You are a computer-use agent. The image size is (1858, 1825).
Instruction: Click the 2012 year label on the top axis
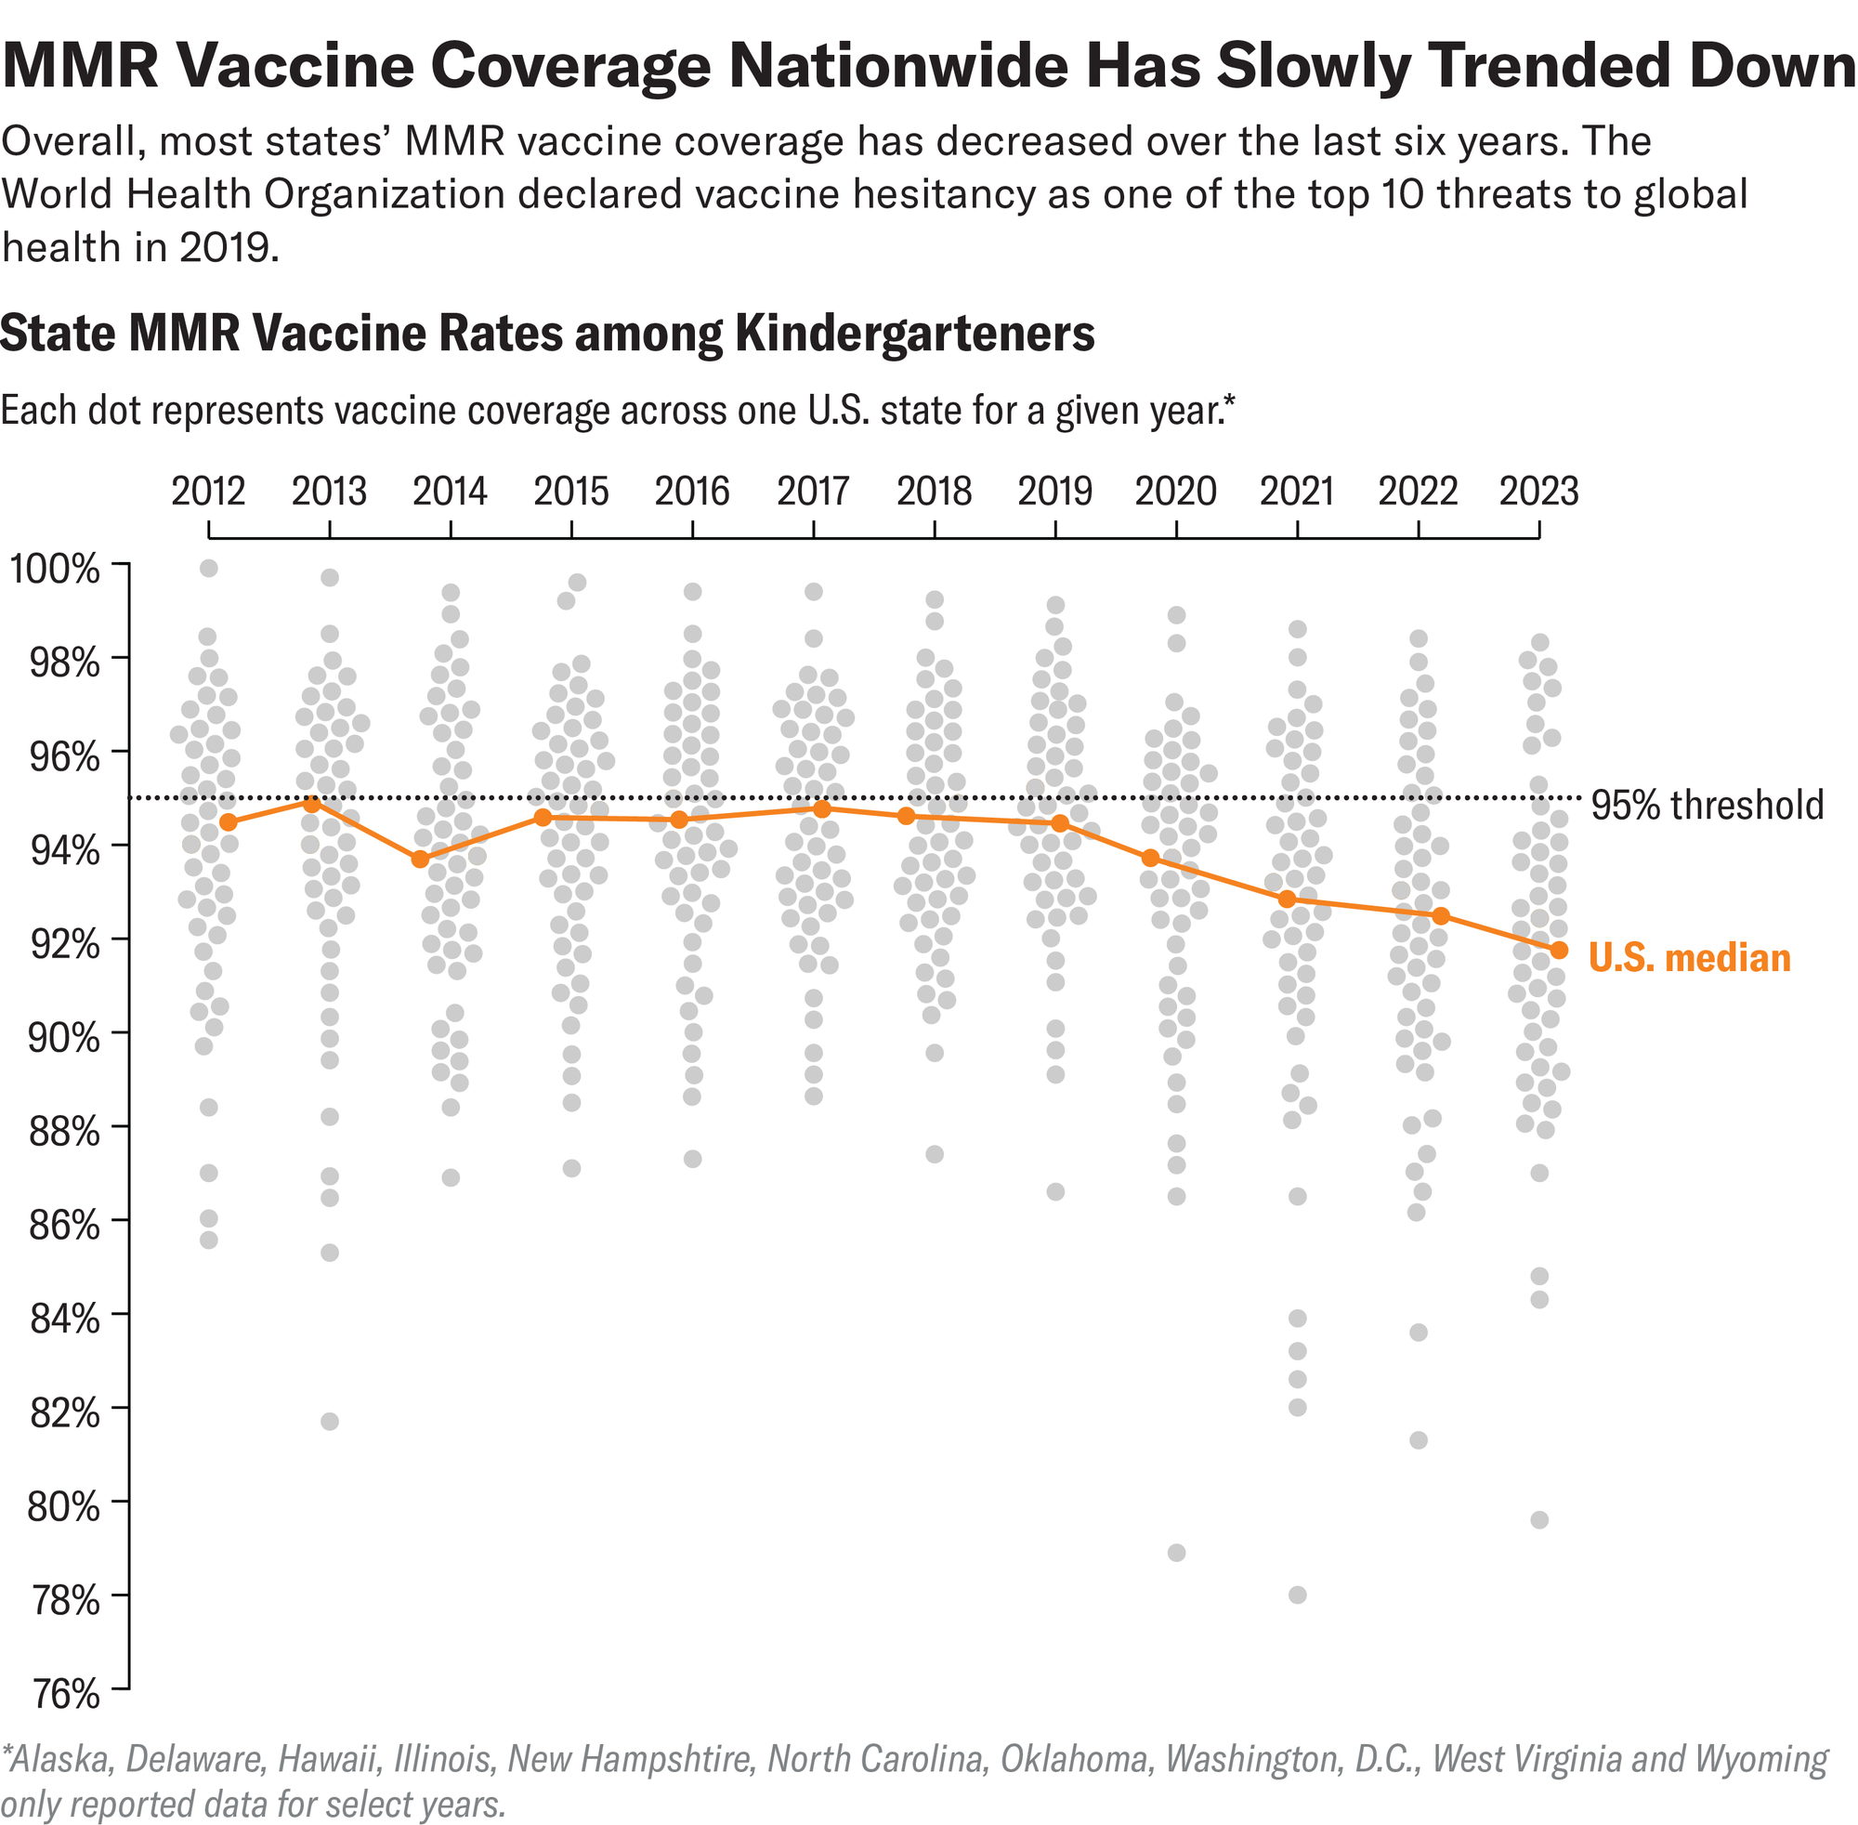[208, 492]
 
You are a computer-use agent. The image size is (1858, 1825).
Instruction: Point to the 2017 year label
[813, 492]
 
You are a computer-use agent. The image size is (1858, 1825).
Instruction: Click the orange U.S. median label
[1689, 957]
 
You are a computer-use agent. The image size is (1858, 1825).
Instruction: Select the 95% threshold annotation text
[1708, 804]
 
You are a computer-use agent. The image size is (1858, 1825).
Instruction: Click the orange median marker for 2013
[311, 803]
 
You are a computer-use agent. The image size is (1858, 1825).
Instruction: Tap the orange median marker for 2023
[1559, 950]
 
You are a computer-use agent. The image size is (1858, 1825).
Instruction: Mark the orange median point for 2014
[420, 859]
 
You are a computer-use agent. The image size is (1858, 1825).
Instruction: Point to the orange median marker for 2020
[1150, 857]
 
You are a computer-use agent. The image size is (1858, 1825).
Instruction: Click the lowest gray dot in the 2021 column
[1298, 1595]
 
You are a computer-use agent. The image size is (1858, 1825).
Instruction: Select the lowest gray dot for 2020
[1177, 1553]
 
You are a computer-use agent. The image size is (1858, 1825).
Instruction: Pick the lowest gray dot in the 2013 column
[330, 1422]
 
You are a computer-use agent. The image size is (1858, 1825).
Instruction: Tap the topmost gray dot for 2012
[209, 569]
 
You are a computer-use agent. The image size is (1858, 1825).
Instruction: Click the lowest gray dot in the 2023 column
[1540, 1520]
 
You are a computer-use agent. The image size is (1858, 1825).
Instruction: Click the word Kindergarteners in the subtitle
[914, 334]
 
